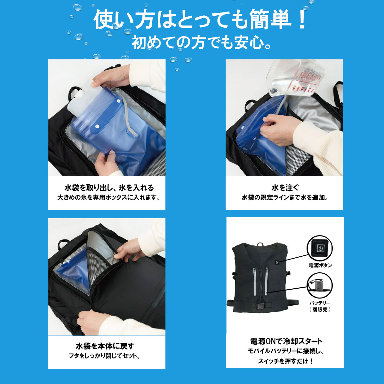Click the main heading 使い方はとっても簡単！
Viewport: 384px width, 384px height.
click(x=200, y=20)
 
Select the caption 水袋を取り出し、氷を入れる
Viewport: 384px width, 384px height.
click(x=109, y=188)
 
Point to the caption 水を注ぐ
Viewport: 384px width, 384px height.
click(x=285, y=188)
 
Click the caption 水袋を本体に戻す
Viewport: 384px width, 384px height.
click(x=105, y=346)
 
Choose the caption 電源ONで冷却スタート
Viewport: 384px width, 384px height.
click(x=286, y=341)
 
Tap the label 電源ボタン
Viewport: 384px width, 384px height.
click(x=320, y=265)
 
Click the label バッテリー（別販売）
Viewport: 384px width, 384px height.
click(x=320, y=306)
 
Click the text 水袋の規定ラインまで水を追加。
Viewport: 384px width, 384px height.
click(x=284, y=198)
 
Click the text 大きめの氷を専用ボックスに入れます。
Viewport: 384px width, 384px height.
click(x=108, y=197)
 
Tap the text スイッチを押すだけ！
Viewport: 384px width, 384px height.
click(x=285, y=361)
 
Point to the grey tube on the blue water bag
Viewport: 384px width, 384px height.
click(x=127, y=117)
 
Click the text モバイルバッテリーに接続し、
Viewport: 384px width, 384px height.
click(x=285, y=351)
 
